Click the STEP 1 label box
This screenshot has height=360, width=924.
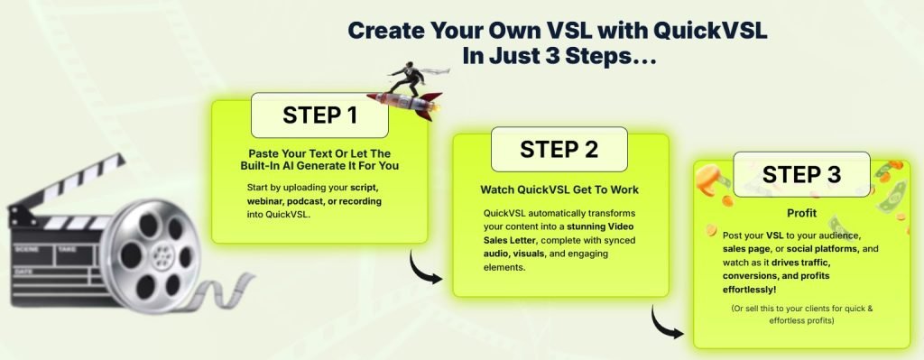[x=319, y=115]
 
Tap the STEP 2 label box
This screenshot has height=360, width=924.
[x=559, y=150]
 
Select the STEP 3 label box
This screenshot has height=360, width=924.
[x=800, y=173]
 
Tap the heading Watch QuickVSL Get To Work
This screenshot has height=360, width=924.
[x=559, y=190]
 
